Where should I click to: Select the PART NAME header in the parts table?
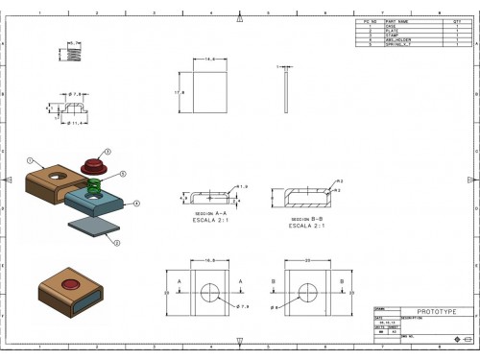tap(397, 21)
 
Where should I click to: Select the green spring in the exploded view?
tap(94, 184)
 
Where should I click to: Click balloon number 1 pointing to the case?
tap(30, 159)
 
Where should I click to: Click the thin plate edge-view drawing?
tap(287, 91)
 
